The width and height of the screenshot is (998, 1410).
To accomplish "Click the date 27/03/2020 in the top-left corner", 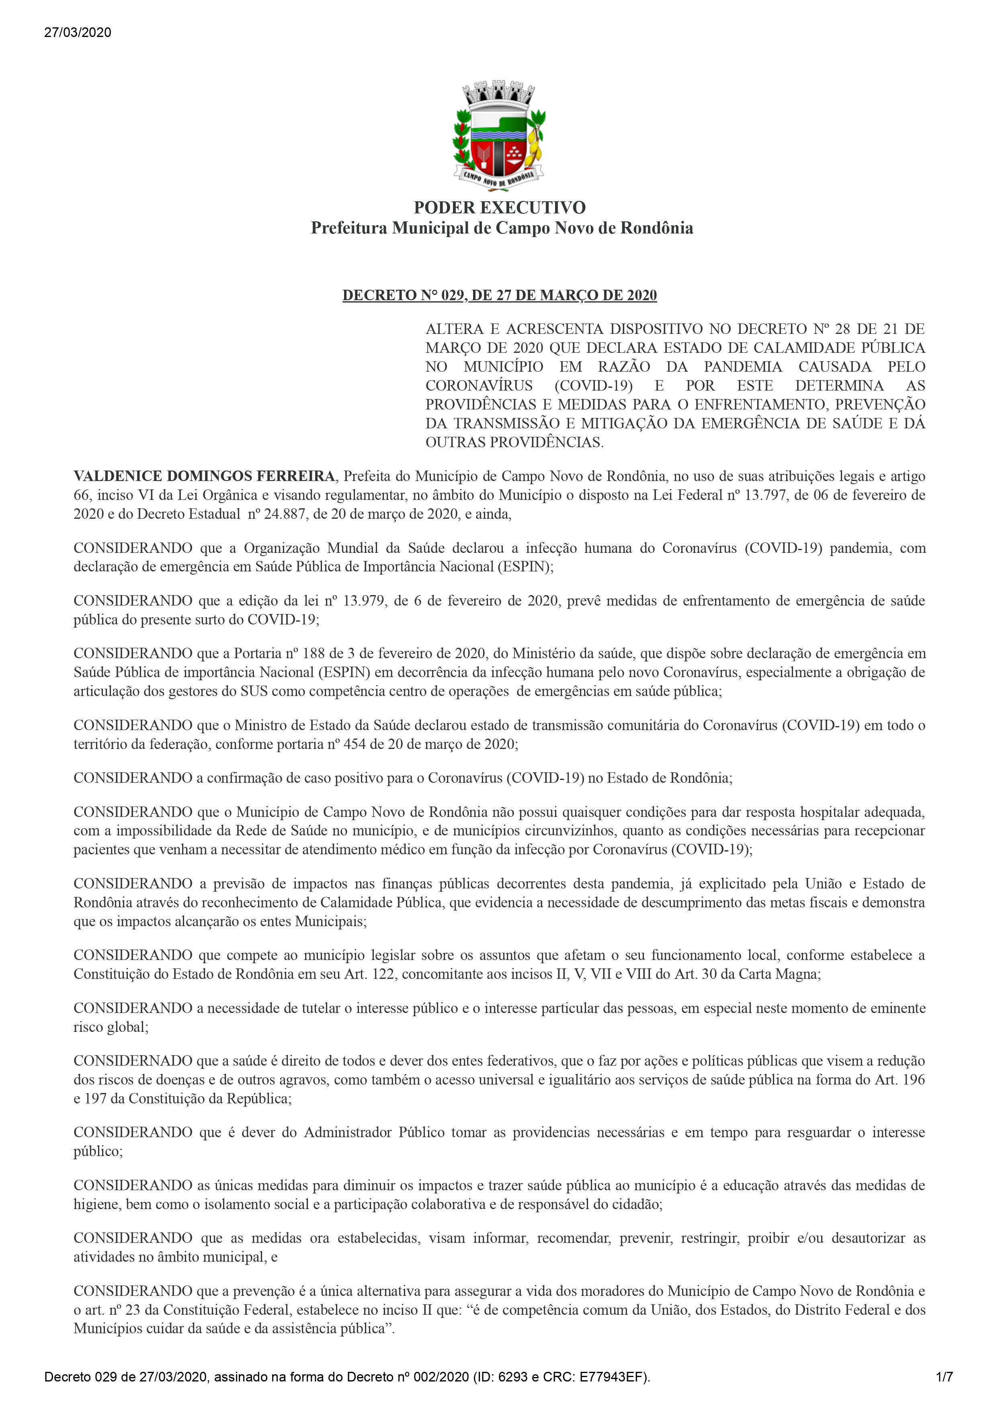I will click(x=78, y=33).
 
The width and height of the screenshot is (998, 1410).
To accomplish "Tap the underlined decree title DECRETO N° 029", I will click(x=499, y=295).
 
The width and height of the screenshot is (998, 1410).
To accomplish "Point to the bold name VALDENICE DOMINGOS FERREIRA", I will click(x=204, y=476).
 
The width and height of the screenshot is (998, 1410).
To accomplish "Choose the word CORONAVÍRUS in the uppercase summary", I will click(x=479, y=386).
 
